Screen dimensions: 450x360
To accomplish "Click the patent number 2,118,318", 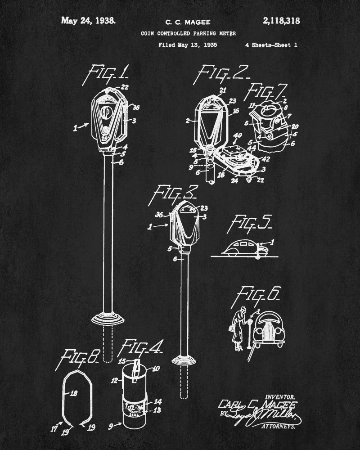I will pyautogui.click(x=278, y=20).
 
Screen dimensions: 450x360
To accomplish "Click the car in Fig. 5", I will pyautogui.click(x=242, y=248).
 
